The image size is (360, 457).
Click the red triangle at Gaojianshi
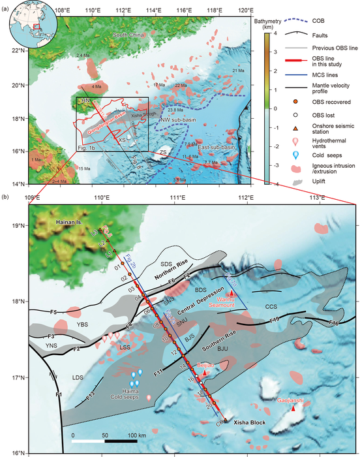click(x=293, y=408)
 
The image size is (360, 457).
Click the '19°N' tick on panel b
click(x=17, y=226)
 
